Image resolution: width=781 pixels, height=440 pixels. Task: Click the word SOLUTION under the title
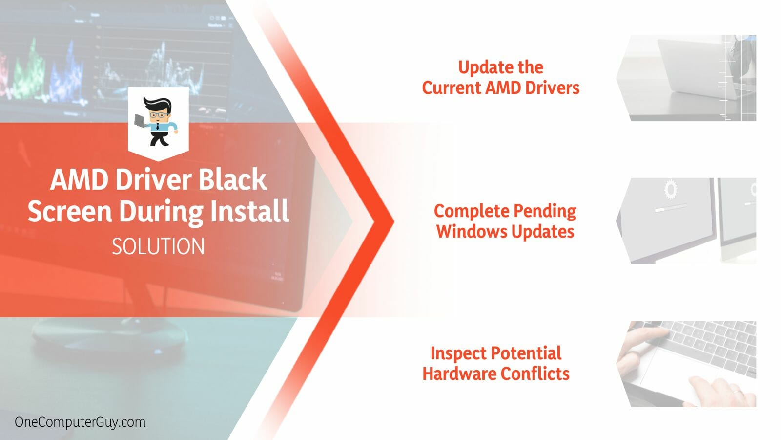pos(158,247)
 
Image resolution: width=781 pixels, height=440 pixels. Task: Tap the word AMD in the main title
pos(78,180)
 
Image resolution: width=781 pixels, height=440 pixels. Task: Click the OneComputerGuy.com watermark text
pos(80,422)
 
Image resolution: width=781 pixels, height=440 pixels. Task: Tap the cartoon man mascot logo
pos(158,121)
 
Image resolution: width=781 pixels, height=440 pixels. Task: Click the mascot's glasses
pos(158,115)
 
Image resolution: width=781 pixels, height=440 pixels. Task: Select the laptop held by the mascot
pos(140,120)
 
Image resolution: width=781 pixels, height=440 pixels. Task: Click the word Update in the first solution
pos(479,67)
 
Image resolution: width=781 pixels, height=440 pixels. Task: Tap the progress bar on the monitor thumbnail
pos(671,208)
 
